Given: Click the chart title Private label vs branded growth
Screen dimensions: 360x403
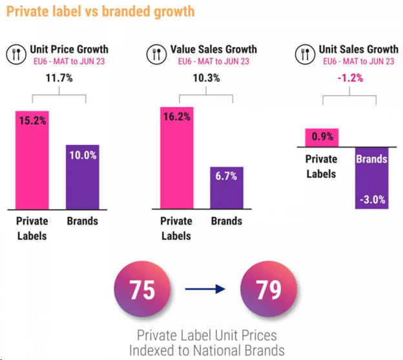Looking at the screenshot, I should pyautogui.click(x=99, y=12).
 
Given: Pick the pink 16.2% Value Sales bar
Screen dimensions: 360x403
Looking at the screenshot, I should pyautogui.click(x=176, y=157).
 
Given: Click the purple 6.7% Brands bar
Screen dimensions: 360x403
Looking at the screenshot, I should pyautogui.click(x=227, y=187).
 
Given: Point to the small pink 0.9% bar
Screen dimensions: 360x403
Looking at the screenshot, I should pyautogui.click(x=322, y=137).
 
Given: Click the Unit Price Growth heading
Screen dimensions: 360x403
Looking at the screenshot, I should pyautogui.click(x=69, y=49).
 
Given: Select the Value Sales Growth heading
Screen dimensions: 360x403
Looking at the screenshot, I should pyautogui.click(x=213, y=49).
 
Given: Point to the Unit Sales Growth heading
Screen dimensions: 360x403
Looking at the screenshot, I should pyautogui.click(x=358, y=49).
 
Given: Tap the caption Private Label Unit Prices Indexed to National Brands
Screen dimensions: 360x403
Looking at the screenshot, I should pyautogui.click(x=206, y=344).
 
